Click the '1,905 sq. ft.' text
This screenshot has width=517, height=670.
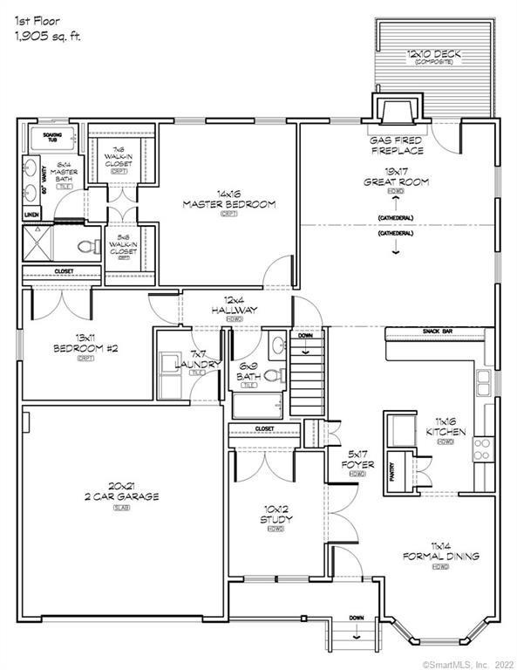50,36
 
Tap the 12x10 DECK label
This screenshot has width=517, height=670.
433,55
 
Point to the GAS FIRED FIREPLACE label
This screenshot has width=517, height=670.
395,145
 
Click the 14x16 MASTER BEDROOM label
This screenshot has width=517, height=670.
229,200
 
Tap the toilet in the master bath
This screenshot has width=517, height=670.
85,246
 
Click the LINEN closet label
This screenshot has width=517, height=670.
31,213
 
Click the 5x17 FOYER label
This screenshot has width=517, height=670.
357,460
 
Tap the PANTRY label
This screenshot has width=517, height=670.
392,472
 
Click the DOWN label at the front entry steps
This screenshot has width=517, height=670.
356,617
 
